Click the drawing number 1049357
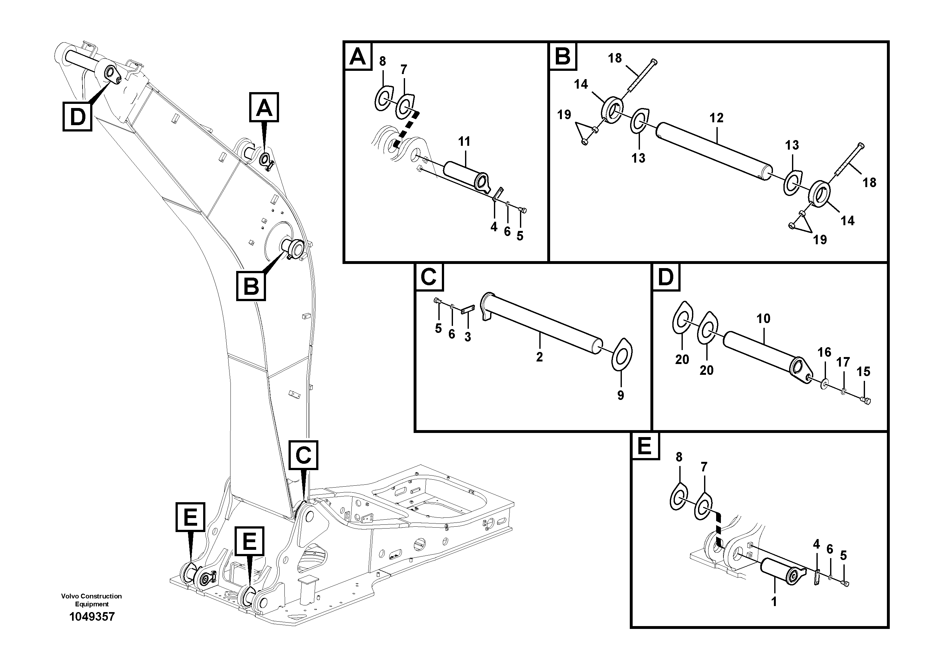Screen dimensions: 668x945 coord(92,617)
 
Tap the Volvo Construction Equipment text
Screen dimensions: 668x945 coord(91,600)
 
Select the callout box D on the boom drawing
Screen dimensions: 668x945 coord(77,117)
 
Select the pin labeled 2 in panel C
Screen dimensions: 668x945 coord(543,325)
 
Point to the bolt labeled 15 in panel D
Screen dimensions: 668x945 coord(865,400)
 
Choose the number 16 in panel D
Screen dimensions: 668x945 coord(824,352)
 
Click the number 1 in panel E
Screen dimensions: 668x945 coord(774,601)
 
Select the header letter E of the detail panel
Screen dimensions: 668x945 coord(644,446)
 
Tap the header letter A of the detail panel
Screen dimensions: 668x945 coord(357,57)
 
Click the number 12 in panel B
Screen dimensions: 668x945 coord(716,118)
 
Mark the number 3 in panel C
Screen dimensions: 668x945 coord(468,337)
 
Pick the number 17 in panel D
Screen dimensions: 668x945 coord(843,362)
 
